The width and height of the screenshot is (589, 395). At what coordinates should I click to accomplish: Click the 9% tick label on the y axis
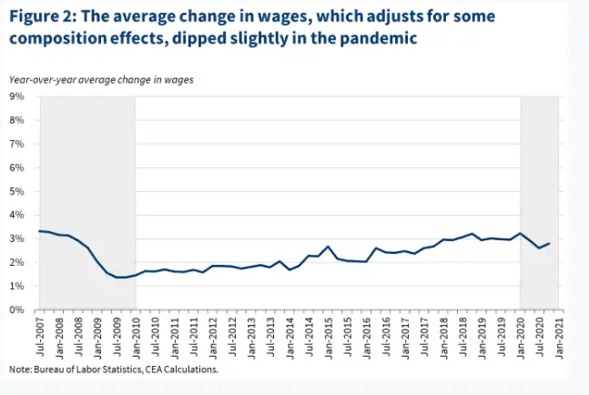pos(16,96)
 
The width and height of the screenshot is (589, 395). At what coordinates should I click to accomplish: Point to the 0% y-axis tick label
pos(16,310)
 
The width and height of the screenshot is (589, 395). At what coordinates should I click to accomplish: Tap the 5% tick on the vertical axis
pos(16,191)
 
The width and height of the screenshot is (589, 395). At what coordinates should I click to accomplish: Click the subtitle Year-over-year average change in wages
pos(101,80)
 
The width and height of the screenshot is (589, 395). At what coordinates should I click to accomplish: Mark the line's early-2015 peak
pos(329,246)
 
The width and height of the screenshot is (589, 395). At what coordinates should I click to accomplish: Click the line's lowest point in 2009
pos(119,277)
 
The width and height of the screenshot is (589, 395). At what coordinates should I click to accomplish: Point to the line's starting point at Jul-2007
pos(39,231)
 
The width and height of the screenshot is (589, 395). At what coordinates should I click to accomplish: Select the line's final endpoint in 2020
pos(548,243)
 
